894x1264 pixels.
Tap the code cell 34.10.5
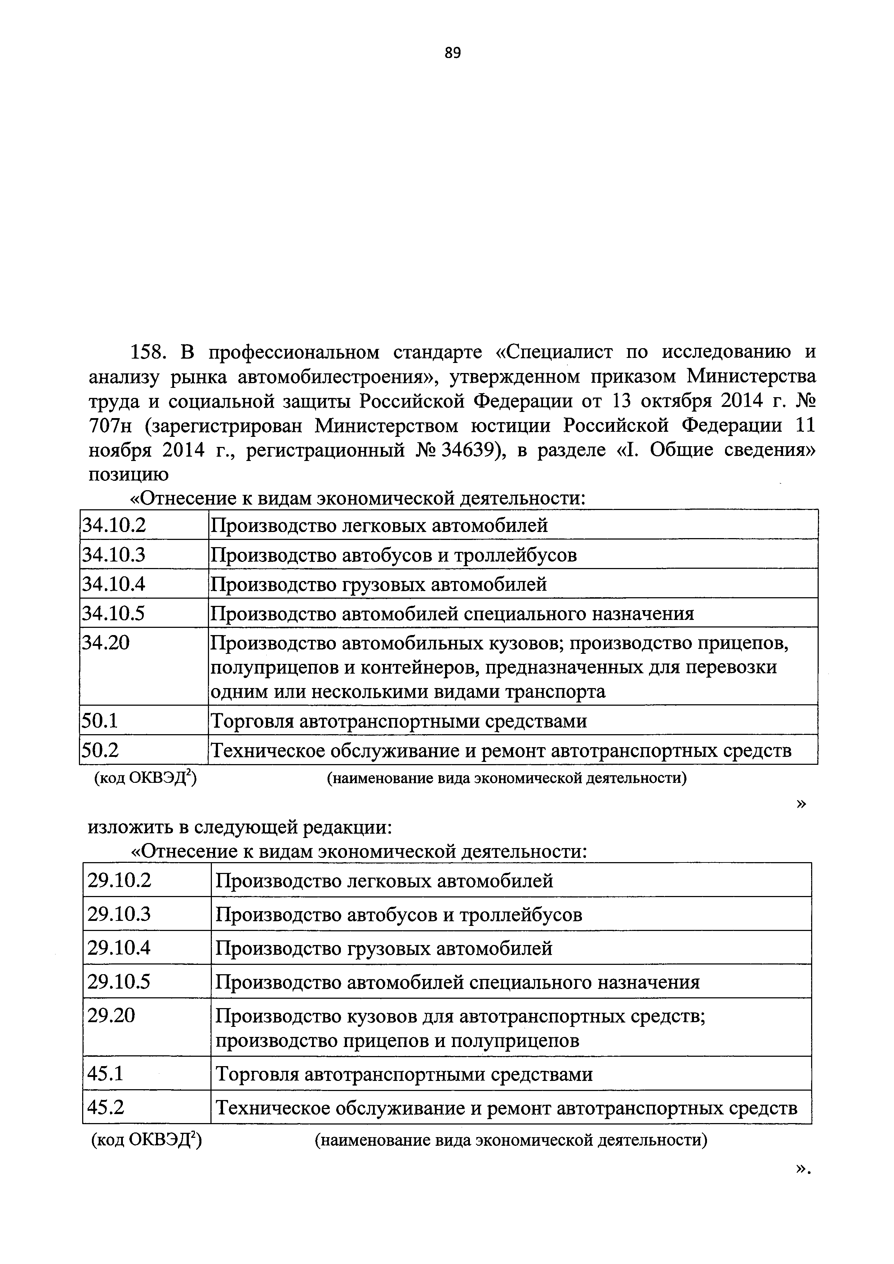114,613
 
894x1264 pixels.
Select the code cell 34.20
106,643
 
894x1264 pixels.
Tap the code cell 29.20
111,1015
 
